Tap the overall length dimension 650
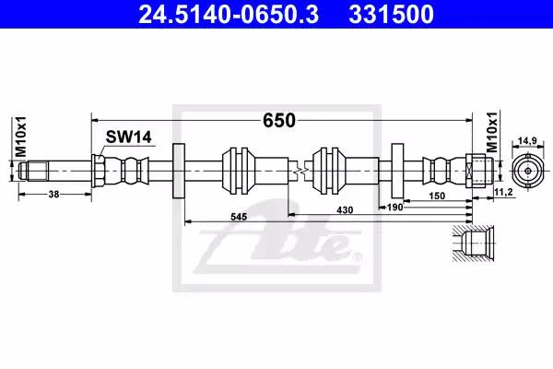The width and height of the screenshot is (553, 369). click(279, 120)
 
